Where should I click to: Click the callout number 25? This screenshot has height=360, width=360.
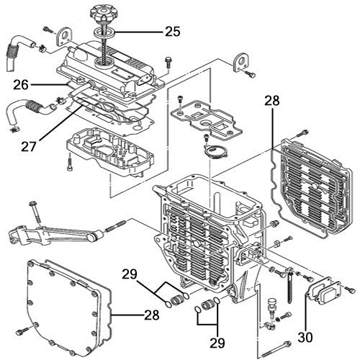(x=172, y=31)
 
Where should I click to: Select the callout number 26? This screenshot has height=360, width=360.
(x=22, y=84)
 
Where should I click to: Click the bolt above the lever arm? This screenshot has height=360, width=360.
(x=34, y=212)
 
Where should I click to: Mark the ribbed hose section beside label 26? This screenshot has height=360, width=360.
(x=35, y=109)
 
